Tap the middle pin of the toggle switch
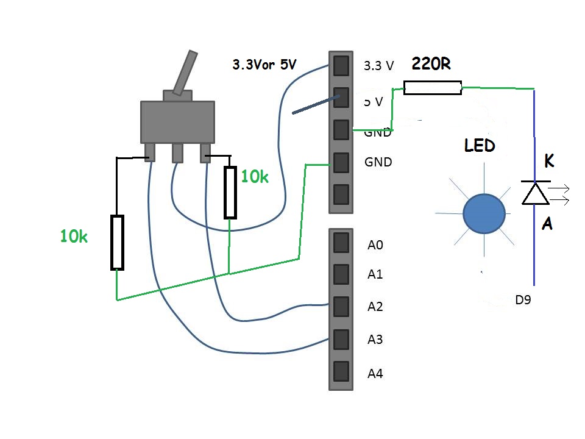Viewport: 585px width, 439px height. pos(177,152)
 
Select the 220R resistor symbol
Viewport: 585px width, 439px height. pos(433,88)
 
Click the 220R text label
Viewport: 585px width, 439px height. pos(431,63)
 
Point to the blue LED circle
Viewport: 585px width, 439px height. pos(484,213)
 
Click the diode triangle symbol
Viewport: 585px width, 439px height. pos(535,193)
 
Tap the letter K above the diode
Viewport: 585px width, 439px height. pos(548,162)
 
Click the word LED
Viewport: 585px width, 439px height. pos(480,146)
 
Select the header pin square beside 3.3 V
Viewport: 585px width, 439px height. pos(341,65)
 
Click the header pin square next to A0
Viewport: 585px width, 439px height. pos(341,243)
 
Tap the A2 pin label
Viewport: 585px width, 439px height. pos(375,307)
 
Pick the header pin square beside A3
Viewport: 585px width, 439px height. pos(341,338)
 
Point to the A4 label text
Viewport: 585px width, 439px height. pos(375,374)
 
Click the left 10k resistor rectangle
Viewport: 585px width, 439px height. pos(117,242)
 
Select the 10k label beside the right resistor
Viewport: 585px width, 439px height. pos(255,177)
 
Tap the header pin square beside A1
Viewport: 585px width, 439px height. pos(341,274)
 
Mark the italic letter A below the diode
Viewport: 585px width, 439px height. pos(547,224)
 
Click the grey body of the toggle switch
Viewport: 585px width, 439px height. pos(177,122)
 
